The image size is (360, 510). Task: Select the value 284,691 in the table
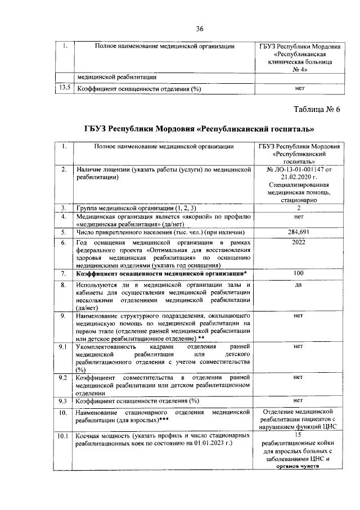[299, 232]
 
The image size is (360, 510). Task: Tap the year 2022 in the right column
[299, 242]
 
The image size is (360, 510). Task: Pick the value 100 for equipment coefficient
[299, 273]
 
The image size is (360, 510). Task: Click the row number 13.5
[64, 88]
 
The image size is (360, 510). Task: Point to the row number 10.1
[64, 436]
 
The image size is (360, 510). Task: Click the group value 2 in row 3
[299, 208]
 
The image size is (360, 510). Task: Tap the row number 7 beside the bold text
[64, 274]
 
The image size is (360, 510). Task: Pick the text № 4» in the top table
[301, 69]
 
